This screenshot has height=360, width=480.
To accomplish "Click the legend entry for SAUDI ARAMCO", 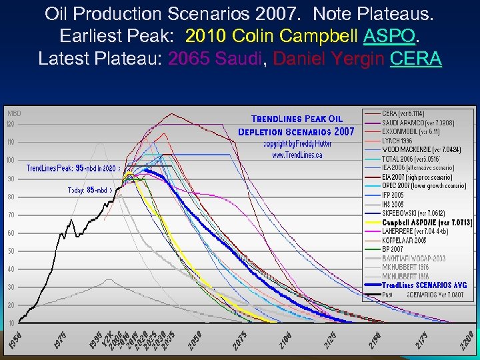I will (417, 123).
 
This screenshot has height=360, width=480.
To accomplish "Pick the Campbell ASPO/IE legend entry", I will (427, 222).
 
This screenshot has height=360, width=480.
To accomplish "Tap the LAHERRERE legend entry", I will (415, 231).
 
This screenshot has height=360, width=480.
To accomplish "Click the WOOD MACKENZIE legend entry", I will (421, 150).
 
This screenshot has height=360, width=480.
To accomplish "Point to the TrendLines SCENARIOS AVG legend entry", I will (425, 285).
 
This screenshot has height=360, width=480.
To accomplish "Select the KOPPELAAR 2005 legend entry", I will (404, 240).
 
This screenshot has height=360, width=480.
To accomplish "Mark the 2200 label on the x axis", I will (467, 338).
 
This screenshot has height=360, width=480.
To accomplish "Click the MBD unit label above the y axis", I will (14, 114).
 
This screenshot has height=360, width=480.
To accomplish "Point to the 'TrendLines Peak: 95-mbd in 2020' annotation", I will (73, 168).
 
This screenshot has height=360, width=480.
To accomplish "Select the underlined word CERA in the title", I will (416, 58).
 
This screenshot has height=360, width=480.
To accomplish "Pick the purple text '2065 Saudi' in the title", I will (216, 58).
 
